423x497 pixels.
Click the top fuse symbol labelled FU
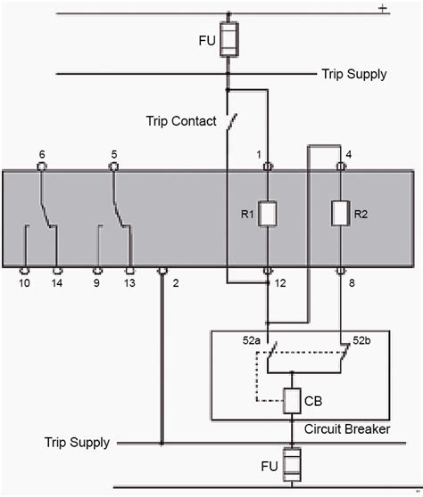click(x=228, y=41)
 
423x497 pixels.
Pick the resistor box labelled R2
click(x=339, y=213)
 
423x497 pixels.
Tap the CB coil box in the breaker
click(x=291, y=401)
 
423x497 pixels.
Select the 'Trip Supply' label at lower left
click(x=78, y=443)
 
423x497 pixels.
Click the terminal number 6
click(x=42, y=154)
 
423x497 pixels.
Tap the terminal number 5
click(x=114, y=154)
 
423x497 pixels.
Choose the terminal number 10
click(x=24, y=284)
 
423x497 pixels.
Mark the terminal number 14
click(x=57, y=284)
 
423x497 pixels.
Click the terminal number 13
click(x=130, y=284)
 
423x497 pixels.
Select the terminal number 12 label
click(x=282, y=284)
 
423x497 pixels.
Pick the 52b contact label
click(x=359, y=342)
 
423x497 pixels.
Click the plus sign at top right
click(x=382, y=8)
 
